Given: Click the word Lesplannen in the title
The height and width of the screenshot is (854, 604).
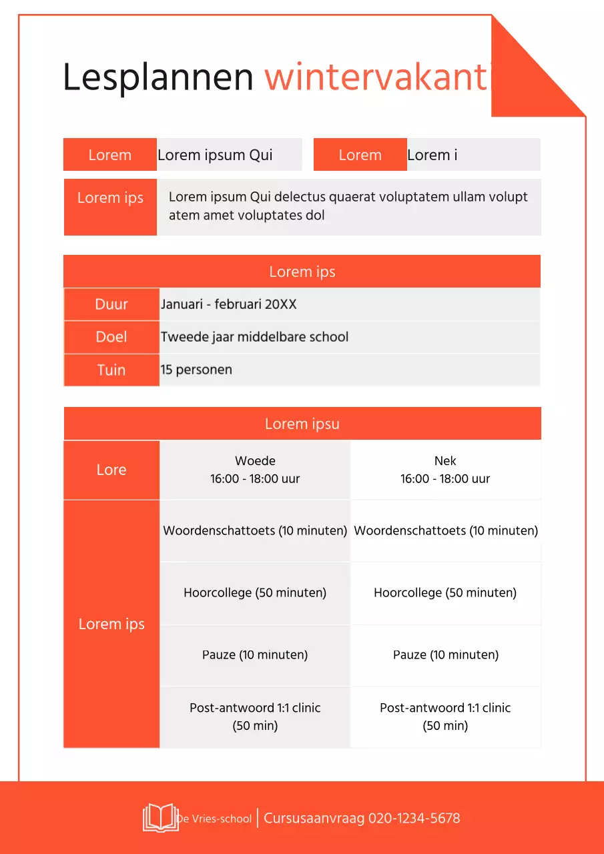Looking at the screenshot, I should [x=158, y=77].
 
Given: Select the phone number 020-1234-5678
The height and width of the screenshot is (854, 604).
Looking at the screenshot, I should [x=414, y=818].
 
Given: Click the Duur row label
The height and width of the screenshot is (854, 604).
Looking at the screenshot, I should [x=111, y=304].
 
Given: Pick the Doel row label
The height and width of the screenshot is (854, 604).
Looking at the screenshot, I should [x=111, y=337].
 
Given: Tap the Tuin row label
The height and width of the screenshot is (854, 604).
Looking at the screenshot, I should [x=111, y=370].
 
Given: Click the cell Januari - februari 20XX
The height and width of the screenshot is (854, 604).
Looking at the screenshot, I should [x=228, y=304].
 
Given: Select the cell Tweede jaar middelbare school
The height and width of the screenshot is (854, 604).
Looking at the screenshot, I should [x=254, y=337].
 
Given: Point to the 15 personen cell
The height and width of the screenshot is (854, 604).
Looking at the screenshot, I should [x=196, y=370].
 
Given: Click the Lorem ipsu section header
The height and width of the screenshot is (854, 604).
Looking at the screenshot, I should [x=302, y=424].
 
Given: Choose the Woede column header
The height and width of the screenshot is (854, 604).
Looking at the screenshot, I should [x=255, y=470].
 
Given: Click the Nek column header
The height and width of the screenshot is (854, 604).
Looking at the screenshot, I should [x=445, y=470].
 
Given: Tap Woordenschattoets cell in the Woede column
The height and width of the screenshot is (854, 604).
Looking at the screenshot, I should [x=255, y=531].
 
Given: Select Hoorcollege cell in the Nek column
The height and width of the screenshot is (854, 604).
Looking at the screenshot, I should [x=445, y=592].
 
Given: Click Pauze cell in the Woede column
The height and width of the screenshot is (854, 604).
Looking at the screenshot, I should [x=255, y=655].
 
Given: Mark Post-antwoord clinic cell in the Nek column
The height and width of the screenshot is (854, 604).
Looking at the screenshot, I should [x=445, y=717].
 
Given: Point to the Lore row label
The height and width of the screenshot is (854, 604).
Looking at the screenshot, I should [x=111, y=470].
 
